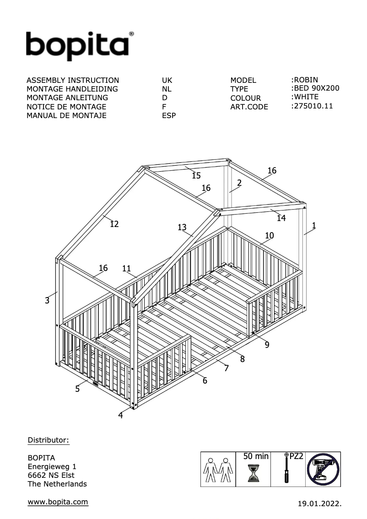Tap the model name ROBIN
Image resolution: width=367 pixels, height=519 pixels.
[x=306, y=80]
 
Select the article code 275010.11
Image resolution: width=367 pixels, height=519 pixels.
[x=313, y=106]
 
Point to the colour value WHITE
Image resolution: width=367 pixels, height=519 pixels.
[x=306, y=97]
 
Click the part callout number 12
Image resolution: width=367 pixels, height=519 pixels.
[x=114, y=224]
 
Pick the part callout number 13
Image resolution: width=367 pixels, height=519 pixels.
[x=182, y=227]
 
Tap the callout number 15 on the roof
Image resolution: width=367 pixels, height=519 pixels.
[x=196, y=176]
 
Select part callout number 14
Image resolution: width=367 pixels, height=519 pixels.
[x=281, y=219]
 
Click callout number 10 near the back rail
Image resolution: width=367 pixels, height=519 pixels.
[x=270, y=236]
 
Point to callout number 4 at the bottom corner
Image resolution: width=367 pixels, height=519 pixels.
[x=120, y=416]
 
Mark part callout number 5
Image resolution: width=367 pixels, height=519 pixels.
[x=77, y=389]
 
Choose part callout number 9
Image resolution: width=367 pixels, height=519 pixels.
[x=267, y=345]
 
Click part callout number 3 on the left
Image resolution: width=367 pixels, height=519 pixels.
[x=47, y=301]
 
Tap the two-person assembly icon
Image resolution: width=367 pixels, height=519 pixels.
[x=217, y=470]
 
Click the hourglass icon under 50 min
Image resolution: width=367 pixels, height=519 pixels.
[x=253, y=473]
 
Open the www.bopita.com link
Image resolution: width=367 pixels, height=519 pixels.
[x=58, y=502]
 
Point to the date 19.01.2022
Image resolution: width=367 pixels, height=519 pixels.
[x=319, y=504]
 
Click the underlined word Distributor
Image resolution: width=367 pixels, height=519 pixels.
[x=48, y=440]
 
